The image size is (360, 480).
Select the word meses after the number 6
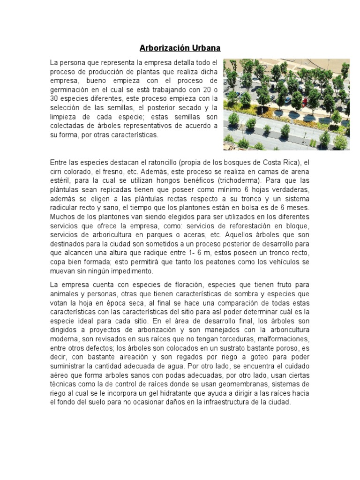tap(298, 207)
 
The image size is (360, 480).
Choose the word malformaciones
tap(276, 338)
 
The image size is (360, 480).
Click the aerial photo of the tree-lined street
tap(286, 104)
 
